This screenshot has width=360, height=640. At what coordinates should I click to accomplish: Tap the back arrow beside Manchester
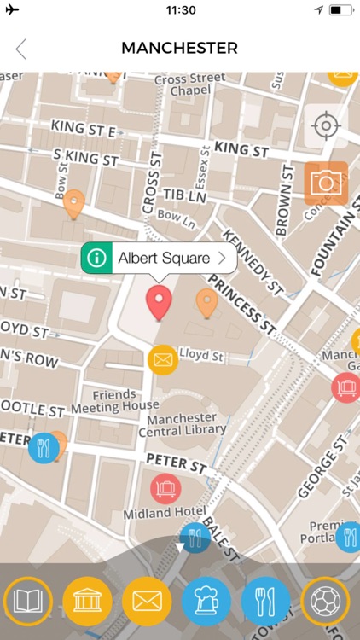[21, 49]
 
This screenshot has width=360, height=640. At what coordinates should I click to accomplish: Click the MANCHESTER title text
[179, 49]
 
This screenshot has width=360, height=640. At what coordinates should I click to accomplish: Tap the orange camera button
[326, 183]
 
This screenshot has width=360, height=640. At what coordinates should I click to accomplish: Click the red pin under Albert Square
[159, 303]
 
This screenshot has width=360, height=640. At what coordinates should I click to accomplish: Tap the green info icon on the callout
[98, 258]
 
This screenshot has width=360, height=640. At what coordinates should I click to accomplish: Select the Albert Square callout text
[164, 258]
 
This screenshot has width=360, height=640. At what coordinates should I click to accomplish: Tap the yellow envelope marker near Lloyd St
[162, 359]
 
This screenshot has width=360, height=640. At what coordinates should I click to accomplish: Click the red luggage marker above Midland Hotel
[165, 488]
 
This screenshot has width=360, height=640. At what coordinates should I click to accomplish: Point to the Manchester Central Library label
[187, 424]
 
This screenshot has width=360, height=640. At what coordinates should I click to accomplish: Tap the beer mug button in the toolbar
[206, 602]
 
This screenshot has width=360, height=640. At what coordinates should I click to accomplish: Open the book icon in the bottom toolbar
[27, 602]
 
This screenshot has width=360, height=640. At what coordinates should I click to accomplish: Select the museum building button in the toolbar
[87, 602]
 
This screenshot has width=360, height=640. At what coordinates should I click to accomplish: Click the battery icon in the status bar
[340, 10]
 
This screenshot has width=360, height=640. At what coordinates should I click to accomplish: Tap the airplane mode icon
[12, 10]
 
